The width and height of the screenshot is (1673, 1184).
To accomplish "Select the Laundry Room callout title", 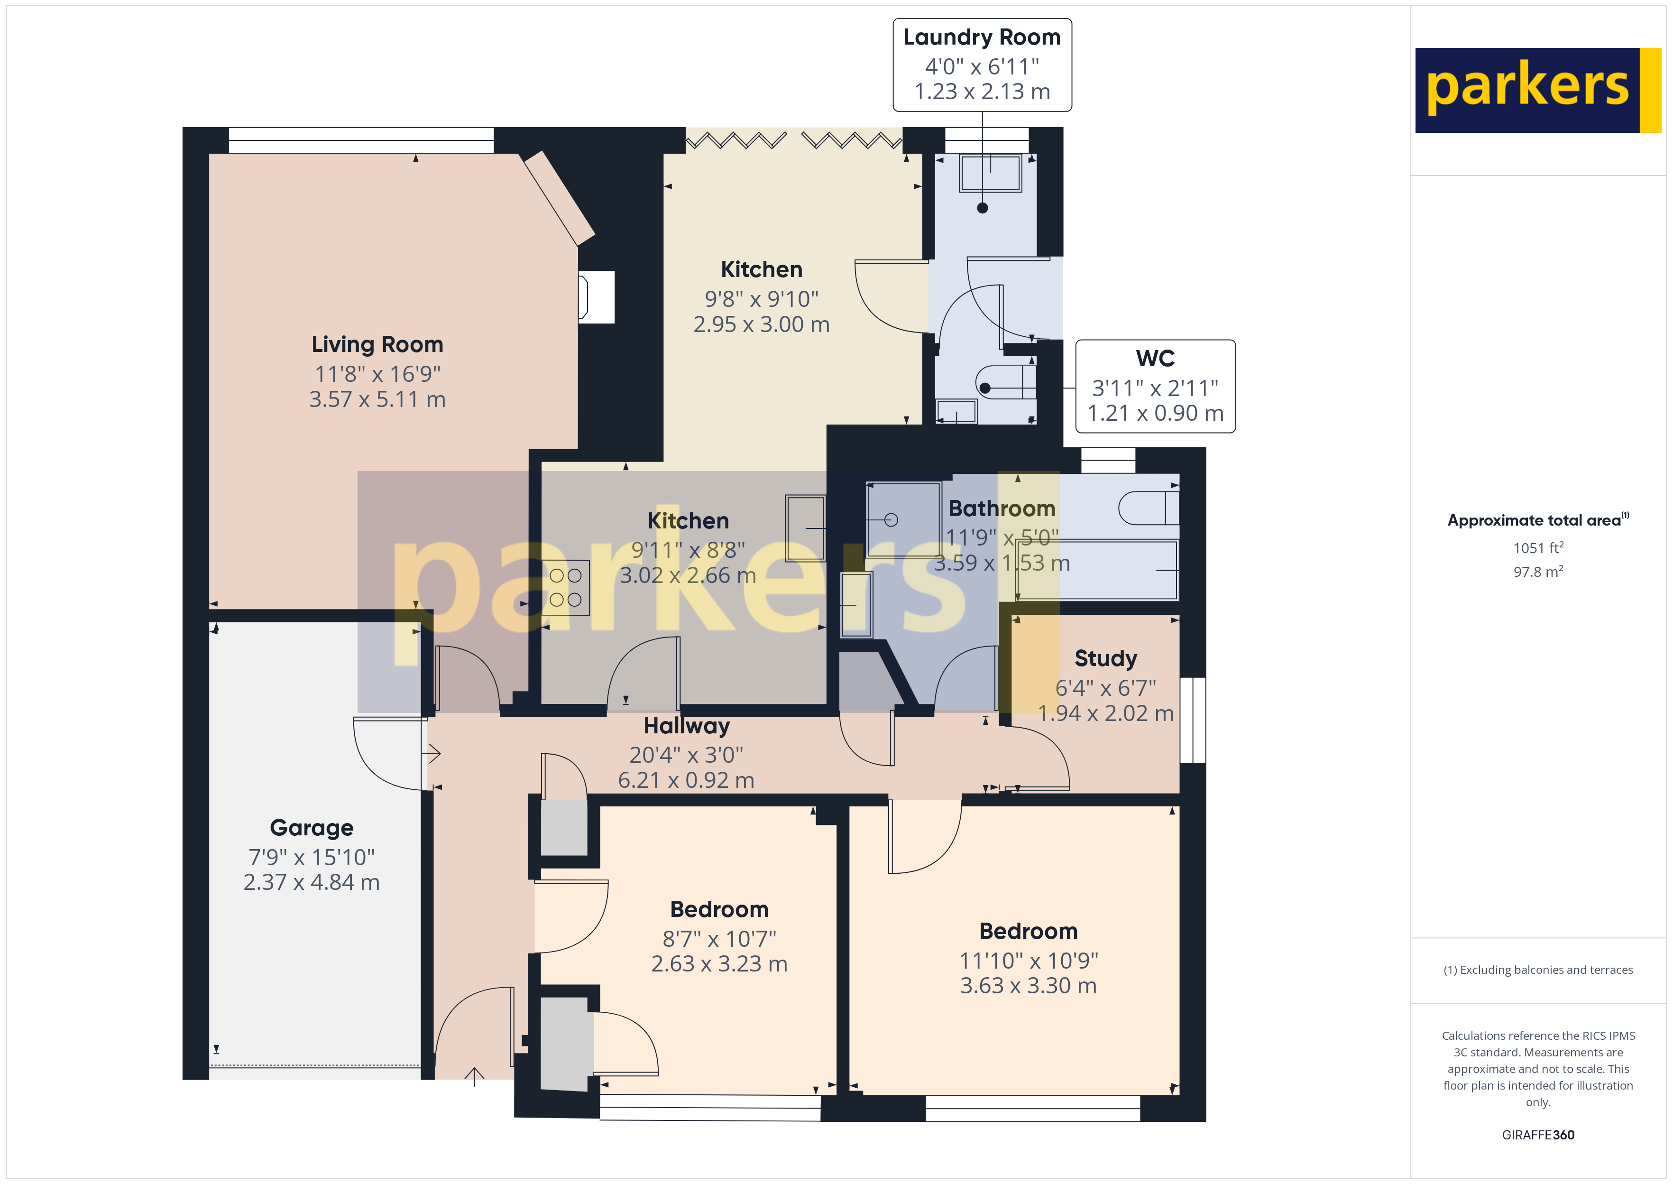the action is pyautogui.click(x=982, y=37).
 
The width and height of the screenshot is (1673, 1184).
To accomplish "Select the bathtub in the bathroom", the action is pyautogui.click(x=1097, y=570).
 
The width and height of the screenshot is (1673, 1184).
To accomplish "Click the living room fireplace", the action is pyautogui.click(x=596, y=297).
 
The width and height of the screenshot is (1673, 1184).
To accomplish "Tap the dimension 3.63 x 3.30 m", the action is pyautogui.click(x=1028, y=986).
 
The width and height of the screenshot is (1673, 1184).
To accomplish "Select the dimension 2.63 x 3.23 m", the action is pyautogui.click(x=719, y=964).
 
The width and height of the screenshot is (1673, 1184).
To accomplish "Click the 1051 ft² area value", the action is pyautogui.click(x=1538, y=547).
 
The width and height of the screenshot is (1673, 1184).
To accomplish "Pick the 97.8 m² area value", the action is pyautogui.click(x=1538, y=572).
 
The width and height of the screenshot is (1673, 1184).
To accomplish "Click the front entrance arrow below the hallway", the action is pyautogui.click(x=474, y=1077).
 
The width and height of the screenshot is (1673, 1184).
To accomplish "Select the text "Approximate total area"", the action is pyautogui.click(x=1534, y=520).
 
